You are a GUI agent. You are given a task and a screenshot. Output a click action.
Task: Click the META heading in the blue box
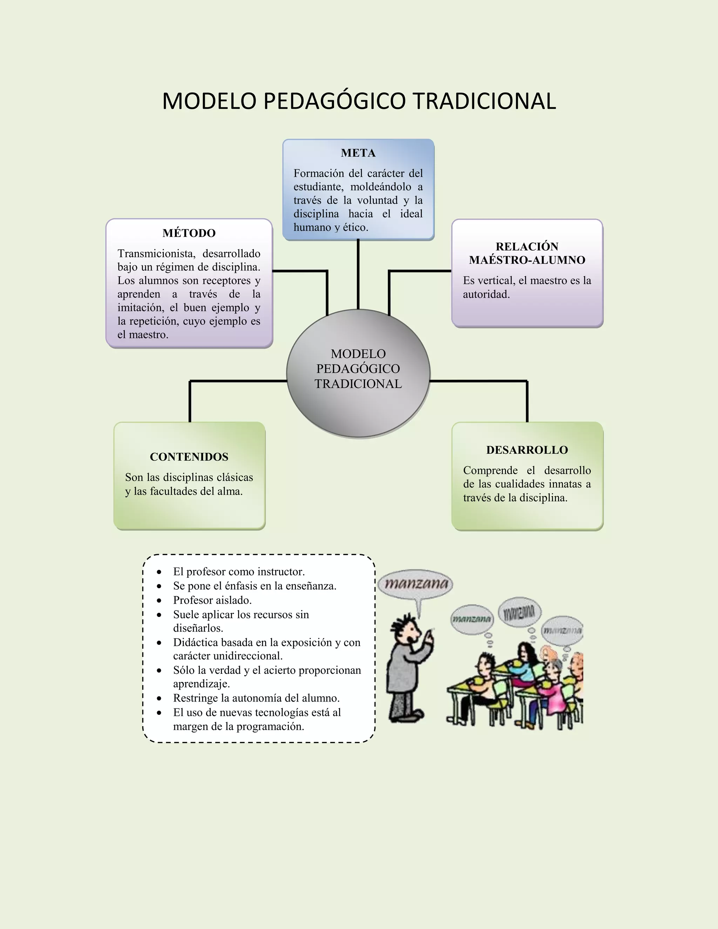tap(358, 153)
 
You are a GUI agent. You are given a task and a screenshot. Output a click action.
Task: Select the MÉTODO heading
tap(189, 233)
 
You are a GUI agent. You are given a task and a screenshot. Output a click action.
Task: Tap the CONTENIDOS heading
tap(189, 457)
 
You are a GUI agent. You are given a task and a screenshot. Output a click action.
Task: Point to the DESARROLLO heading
tap(527, 450)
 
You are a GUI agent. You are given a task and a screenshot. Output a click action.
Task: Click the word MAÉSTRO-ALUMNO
tap(527, 260)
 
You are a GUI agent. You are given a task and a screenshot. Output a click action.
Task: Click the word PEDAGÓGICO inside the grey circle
tap(358, 369)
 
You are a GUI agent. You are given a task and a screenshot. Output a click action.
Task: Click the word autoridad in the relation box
tap(486, 294)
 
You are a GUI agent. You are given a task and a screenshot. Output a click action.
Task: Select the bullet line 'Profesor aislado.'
tap(212, 600)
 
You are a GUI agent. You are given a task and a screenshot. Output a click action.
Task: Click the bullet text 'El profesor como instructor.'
tap(239, 572)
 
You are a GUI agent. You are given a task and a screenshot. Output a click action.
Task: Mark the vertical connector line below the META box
tap(358, 274)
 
